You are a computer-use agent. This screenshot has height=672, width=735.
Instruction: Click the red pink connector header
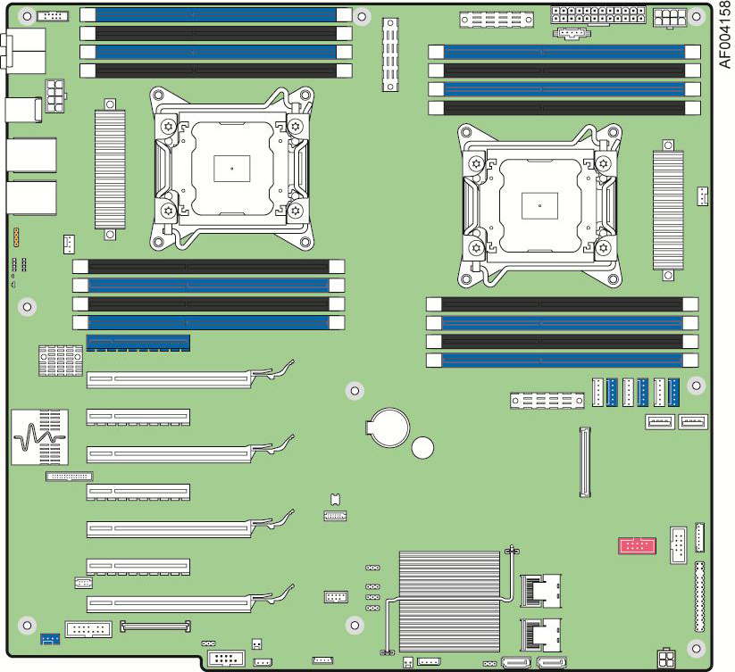637,546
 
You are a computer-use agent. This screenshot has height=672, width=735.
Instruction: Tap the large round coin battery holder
388,427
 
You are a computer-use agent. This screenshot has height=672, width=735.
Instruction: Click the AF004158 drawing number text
725,35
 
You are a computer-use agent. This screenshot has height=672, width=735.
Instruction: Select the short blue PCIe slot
138,343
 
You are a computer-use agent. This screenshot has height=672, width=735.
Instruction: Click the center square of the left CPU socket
231,168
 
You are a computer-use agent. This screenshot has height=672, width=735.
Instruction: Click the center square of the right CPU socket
539,205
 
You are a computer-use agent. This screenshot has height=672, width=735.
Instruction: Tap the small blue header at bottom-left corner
50,639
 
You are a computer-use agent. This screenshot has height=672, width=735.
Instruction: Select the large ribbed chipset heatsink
449,601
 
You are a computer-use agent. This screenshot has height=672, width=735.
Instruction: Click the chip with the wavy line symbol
40,437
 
